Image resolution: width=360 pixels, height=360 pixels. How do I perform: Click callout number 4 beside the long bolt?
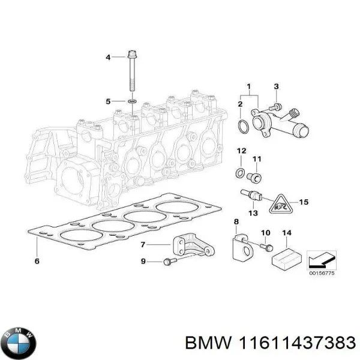108,58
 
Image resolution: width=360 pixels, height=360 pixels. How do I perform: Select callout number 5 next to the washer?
108,101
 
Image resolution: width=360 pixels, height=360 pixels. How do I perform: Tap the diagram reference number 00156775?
321,273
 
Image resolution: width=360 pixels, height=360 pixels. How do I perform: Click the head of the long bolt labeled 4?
131,56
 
